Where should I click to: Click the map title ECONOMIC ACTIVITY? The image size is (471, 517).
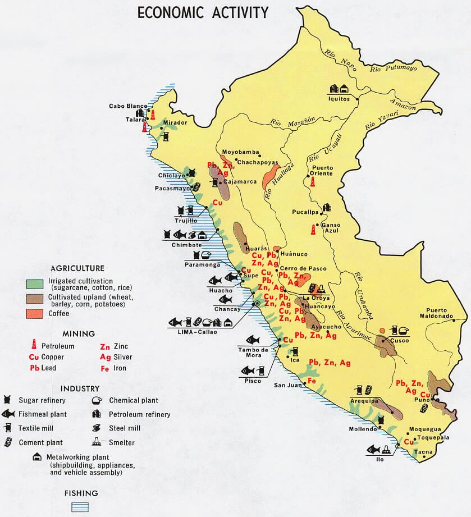[x=203, y=12]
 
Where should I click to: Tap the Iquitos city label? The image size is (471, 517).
[x=339, y=99]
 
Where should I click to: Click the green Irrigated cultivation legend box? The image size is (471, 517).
[x=35, y=283]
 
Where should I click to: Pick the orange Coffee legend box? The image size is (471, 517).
[x=35, y=313]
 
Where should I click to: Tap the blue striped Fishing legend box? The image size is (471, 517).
[x=81, y=506]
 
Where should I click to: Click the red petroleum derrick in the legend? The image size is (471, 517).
[x=34, y=345]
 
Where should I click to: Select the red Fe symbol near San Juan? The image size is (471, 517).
[x=312, y=381]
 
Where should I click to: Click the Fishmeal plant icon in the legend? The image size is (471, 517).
[x=8, y=414]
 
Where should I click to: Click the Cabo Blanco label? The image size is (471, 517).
[x=128, y=106]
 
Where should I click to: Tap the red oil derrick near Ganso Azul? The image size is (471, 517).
[x=313, y=230]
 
